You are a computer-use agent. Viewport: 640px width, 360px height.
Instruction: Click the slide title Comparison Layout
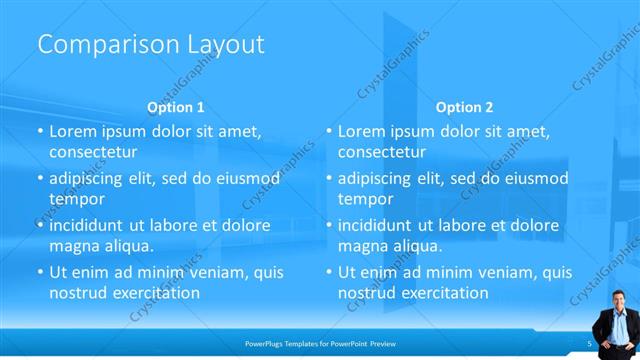pyautogui.click(x=150, y=45)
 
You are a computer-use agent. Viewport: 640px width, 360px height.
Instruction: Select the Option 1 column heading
pyautogui.click(x=176, y=106)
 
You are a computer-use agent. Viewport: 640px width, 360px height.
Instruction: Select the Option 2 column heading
pyautogui.click(x=465, y=106)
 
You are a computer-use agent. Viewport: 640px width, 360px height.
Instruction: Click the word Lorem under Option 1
pyautogui.click(x=72, y=131)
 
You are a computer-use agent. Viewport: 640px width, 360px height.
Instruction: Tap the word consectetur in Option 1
pyautogui.click(x=93, y=152)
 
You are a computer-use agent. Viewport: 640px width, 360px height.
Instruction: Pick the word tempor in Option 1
pyautogui.click(x=70, y=199)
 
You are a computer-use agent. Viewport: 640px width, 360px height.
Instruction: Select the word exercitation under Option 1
pyautogui.click(x=151, y=293)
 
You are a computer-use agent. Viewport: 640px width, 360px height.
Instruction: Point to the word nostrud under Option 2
pyautogui.click(x=366, y=293)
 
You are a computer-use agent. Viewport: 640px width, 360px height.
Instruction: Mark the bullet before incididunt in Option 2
pyautogui.click(x=328, y=225)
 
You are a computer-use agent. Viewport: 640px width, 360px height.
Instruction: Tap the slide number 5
pyautogui.click(x=590, y=343)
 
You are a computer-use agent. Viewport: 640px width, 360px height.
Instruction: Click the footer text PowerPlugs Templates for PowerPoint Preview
pyautogui.click(x=320, y=343)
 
